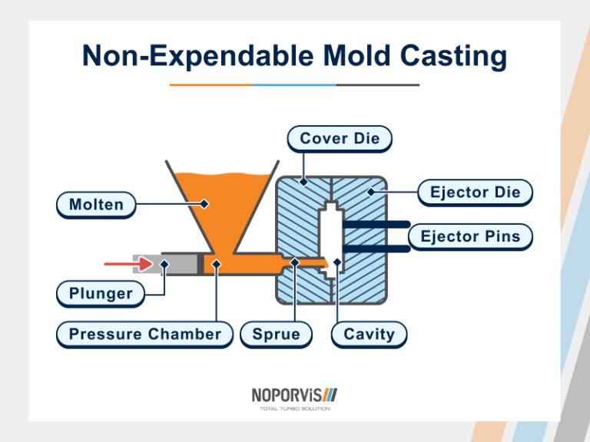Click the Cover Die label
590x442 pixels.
click(340, 139)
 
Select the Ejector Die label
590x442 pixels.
click(475, 193)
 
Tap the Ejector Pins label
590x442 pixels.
click(470, 236)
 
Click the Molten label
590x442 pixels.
click(96, 205)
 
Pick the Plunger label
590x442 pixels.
click(101, 293)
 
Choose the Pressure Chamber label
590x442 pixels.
click(144, 335)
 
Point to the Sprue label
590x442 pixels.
click(275, 335)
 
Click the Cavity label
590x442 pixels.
click(369, 335)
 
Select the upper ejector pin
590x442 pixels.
click(376, 224)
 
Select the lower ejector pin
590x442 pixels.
click(376, 249)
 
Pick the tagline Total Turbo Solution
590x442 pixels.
click(295, 409)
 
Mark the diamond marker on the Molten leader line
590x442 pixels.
click(205, 204)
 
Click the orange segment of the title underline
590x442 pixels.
click(211, 84)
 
